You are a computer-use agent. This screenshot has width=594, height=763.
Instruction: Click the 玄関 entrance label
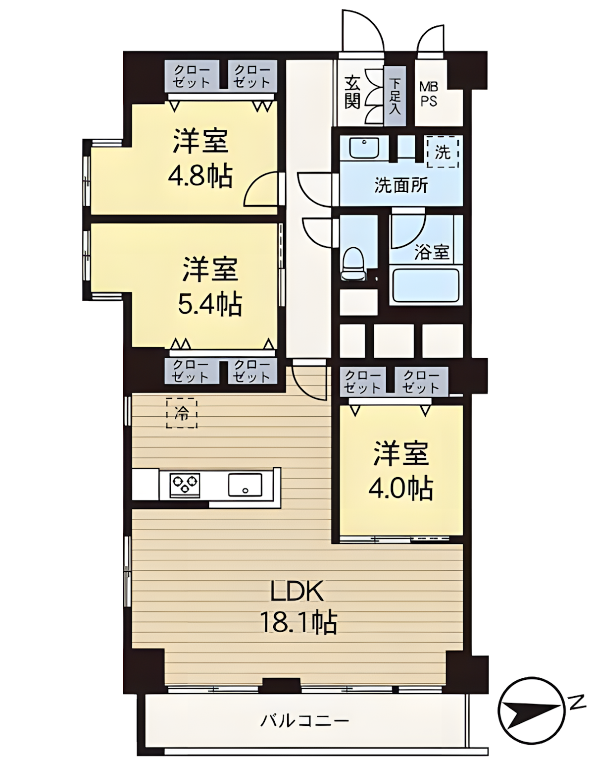tap(352, 92)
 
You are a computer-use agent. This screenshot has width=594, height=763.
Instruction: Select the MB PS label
tap(429, 94)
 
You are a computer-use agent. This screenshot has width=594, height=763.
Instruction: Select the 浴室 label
tap(432, 252)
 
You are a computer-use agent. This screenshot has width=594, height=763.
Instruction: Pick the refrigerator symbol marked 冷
tap(182, 413)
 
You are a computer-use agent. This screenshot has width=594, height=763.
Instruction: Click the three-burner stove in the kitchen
tap(185, 484)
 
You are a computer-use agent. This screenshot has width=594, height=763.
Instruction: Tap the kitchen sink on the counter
tap(245, 484)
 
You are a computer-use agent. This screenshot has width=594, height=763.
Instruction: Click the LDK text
tap(297, 592)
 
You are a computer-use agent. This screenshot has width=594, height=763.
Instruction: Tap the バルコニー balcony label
tap(305, 719)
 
